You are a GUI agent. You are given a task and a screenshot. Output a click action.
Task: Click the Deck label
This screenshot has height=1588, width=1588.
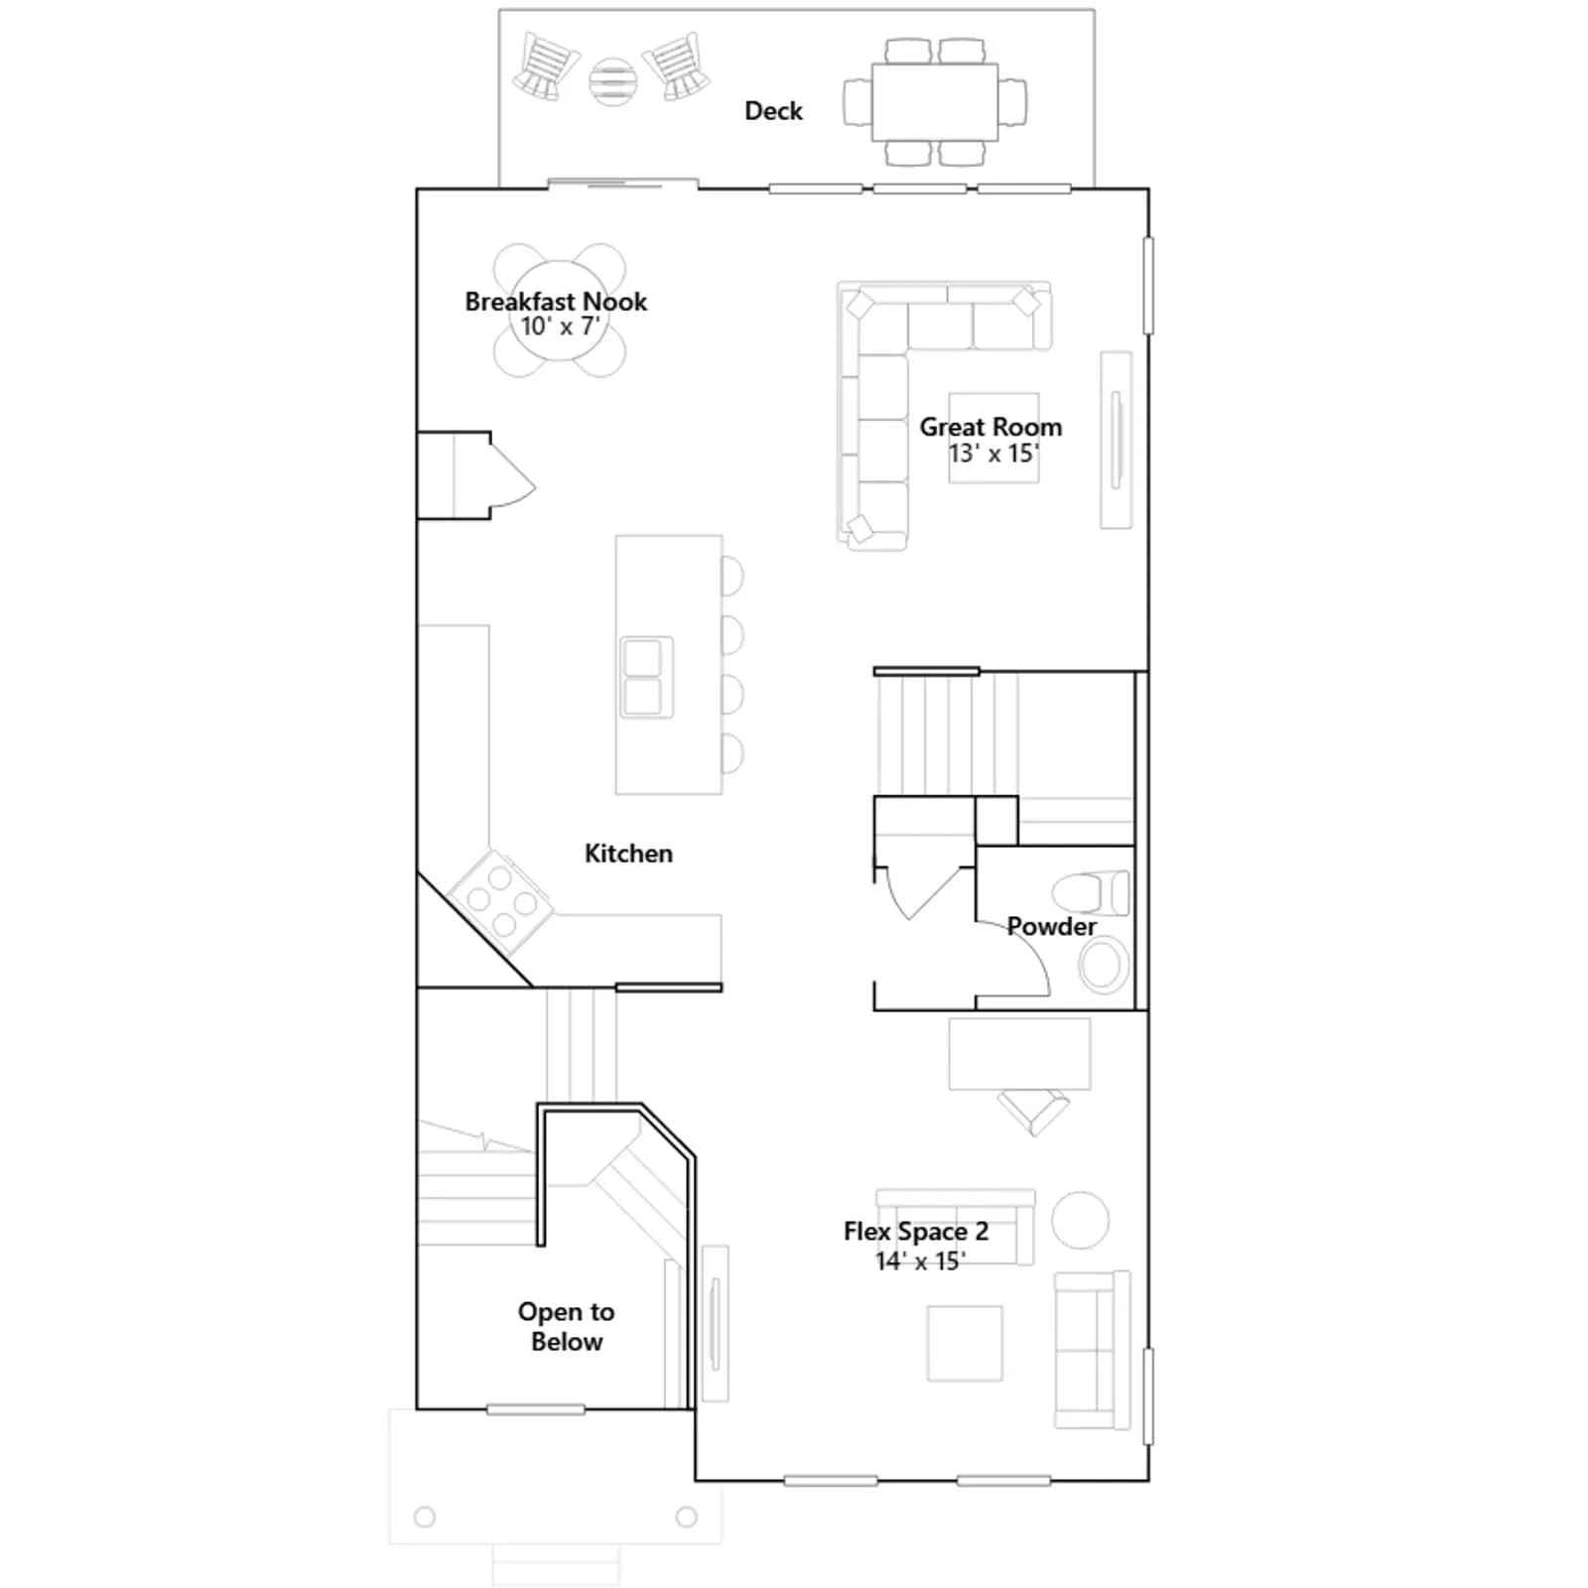coord(773,110)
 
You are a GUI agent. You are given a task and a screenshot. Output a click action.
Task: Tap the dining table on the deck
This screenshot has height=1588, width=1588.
coord(935,102)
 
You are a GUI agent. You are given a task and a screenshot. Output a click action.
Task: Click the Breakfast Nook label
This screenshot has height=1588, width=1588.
coord(556,301)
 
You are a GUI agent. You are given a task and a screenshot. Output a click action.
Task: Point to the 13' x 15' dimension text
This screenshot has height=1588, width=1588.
coord(993,454)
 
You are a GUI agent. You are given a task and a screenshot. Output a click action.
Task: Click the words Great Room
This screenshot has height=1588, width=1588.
coord(991,427)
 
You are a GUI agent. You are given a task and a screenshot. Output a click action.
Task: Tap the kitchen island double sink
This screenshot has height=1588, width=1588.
coord(646,677)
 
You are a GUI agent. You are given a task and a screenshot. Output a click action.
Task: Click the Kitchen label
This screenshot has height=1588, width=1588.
coord(628,854)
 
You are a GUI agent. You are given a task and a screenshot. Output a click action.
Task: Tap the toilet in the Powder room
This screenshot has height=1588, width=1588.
coord(1092,892)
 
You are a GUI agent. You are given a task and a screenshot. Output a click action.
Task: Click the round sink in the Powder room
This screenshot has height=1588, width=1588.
coord(1103,965)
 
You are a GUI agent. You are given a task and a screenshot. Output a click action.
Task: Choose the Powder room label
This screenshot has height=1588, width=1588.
coord(1051,926)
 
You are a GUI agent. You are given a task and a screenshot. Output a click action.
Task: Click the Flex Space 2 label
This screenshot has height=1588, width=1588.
coord(916,1231)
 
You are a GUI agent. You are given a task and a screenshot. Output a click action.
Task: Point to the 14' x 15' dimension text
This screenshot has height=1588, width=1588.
coord(920,1261)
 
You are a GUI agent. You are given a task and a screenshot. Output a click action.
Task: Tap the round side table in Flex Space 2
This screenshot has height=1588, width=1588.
coord(1080,1220)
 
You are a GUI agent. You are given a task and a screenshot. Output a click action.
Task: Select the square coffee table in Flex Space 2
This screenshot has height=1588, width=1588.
coord(965,1343)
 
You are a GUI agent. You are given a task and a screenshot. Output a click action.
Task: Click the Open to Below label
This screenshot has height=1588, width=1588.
coord(566,1326)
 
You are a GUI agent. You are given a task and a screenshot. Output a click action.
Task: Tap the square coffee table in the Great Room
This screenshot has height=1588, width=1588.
coord(993,438)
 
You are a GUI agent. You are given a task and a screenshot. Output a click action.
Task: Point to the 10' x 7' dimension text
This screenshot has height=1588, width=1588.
coord(561,327)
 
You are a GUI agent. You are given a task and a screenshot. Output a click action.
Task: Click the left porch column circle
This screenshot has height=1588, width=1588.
coord(425,1517)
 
